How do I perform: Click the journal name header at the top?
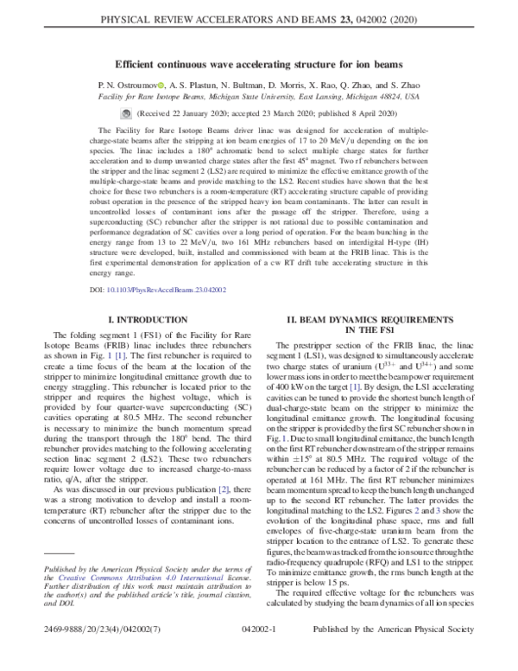click(258, 15)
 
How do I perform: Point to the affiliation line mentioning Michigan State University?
click(258, 98)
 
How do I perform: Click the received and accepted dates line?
click(258, 114)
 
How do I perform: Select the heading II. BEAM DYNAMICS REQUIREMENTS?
click(380, 325)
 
